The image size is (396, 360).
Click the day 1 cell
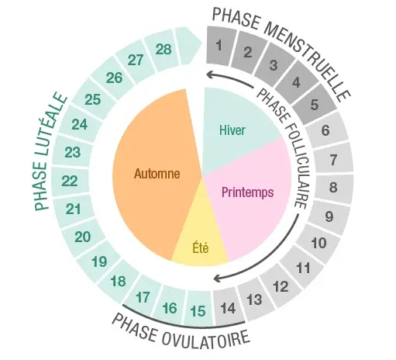(x=221, y=46)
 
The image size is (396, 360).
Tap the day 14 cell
(x=228, y=307)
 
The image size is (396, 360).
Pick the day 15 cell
(x=199, y=310)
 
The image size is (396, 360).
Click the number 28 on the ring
(x=164, y=49)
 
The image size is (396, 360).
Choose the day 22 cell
(x=71, y=181)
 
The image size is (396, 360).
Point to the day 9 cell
(x=329, y=216)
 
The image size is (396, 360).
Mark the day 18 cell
(x=119, y=281)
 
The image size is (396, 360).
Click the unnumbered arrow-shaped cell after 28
(x=188, y=46)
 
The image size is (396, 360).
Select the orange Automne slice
(x=155, y=173)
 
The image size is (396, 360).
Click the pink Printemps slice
(x=248, y=196)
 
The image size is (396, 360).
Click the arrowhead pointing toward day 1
(x=210, y=74)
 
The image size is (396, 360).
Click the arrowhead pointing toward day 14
(x=218, y=279)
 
